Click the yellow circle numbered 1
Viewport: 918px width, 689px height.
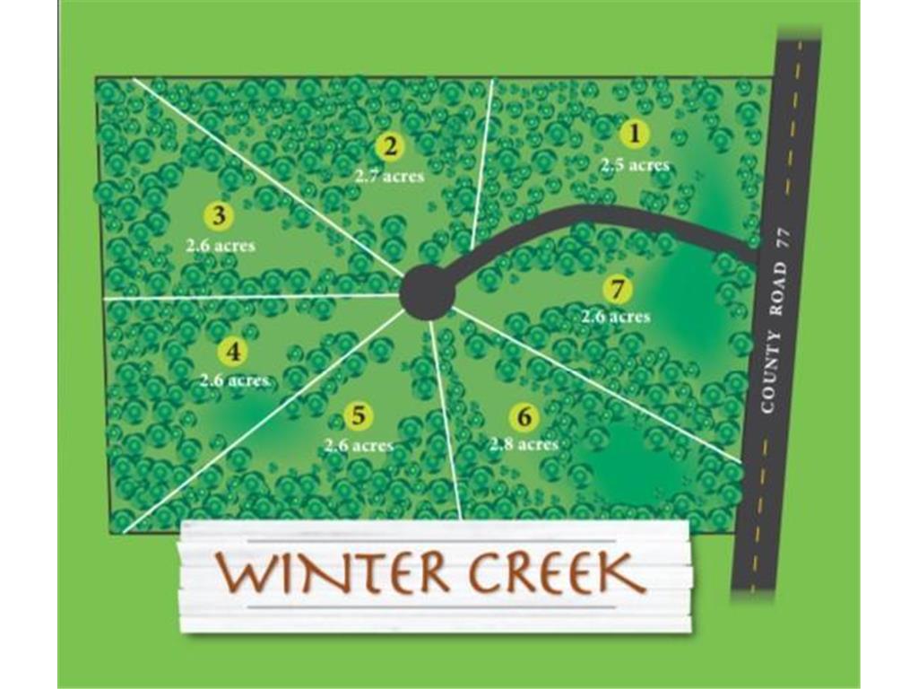point(635,135)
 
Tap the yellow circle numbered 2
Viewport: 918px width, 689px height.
point(390,146)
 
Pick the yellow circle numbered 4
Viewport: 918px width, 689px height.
point(233,352)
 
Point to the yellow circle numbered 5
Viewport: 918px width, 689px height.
point(358,416)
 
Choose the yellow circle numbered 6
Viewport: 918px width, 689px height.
point(524,417)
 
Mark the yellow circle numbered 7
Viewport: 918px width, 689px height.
point(617,290)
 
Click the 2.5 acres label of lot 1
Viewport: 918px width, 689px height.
point(635,165)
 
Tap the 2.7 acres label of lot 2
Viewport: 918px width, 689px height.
point(389,176)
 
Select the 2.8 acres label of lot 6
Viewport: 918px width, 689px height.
point(524,444)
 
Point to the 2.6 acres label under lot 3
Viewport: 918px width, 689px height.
point(221,245)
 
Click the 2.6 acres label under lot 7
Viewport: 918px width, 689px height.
point(615,317)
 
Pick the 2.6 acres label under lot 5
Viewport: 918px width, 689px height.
point(359,446)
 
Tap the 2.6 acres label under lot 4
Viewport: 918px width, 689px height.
point(234,380)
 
